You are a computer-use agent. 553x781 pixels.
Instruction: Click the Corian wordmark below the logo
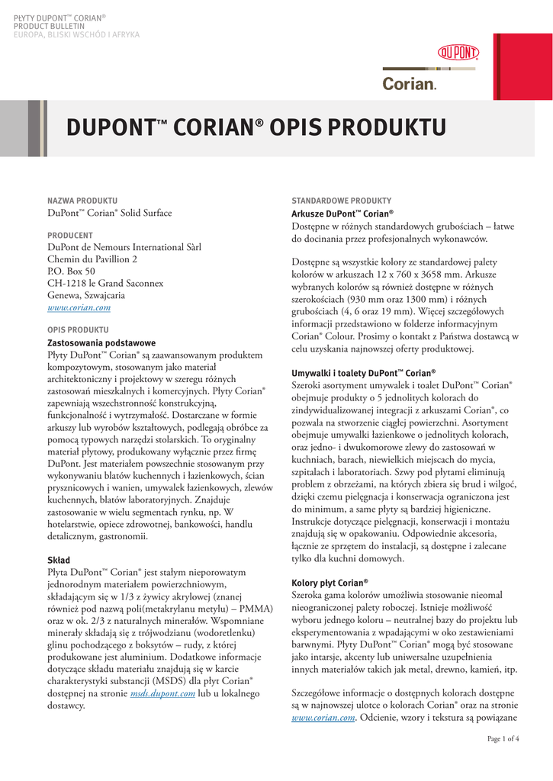[410, 84]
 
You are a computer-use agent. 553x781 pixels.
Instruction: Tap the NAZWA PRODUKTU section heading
[82, 200]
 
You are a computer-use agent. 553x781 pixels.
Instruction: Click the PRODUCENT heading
[70, 236]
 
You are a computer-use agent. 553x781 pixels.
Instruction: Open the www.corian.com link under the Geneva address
[79, 307]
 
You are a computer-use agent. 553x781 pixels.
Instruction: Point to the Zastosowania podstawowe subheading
[101, 343]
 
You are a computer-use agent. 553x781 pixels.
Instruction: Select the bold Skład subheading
[59, 560]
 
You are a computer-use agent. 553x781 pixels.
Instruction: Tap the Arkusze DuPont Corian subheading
[342, 214]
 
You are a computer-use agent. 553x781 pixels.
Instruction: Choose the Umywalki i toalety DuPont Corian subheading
[364, 373]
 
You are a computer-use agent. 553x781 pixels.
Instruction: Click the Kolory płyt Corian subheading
[330, 582]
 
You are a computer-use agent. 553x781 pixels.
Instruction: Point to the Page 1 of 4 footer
[503, 738]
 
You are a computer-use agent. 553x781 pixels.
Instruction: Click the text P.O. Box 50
[72, 271]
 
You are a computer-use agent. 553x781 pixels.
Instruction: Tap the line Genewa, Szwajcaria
[86, 295]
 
